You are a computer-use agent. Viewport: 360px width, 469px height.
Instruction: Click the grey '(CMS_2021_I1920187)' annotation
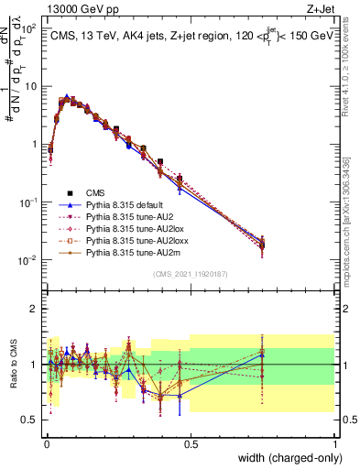click(x=191, y=274)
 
